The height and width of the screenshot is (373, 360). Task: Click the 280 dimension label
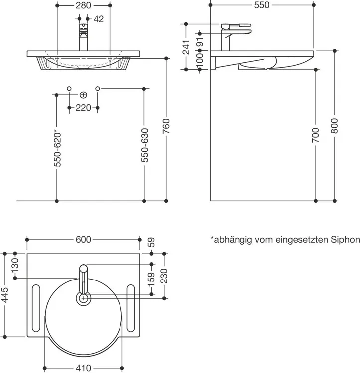pos(84,5)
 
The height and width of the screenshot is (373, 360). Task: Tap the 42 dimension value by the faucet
pos(98,19)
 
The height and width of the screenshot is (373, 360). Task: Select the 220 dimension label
pos(83,107)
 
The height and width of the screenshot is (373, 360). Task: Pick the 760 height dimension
pos(166,128)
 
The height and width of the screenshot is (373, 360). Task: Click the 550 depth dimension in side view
pos(261,5)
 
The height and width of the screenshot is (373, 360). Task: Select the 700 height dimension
pos(316,135)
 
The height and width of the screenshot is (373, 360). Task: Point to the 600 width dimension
pos(83,239)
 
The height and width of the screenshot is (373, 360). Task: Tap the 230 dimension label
pos(165,276)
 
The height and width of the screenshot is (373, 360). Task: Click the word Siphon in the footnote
pos(345,240)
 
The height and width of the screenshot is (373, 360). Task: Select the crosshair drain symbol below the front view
pos(83,94)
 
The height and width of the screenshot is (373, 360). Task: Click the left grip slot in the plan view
pos(36,308)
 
